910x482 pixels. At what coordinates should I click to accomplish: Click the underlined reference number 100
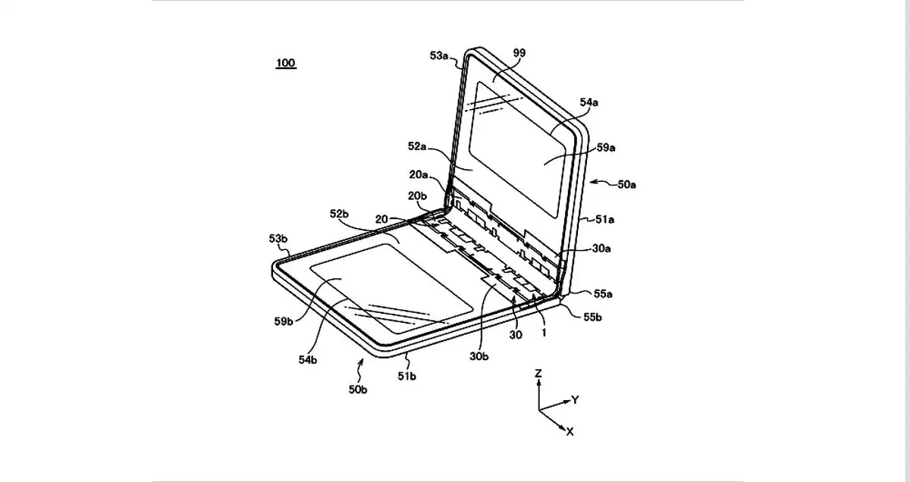pyautogui.click(x=286, y=63)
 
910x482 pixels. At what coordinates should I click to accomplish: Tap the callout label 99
pyautogui.click(x=519, y=53)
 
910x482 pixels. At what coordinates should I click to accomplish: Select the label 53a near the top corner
pyautogui.click(x=439, y=55)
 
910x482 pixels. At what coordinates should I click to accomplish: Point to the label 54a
pyautogui.click(x=588, y=102)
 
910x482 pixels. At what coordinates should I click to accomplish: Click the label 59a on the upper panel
pyautogui.click(x=606, y=148)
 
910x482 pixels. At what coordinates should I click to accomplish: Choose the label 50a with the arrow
pyautogui.click(x=627, y=185)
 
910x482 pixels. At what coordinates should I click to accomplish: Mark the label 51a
pyautogui.click(x=605, y=220)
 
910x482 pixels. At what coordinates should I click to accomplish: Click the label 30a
pyautogui.click(x=601, y=249)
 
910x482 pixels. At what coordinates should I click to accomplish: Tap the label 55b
pyautogui.click(x=593, y=317)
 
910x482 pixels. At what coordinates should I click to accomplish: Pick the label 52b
pyautogui.click(x=339, y=214)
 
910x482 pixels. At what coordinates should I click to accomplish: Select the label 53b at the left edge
pyautogui.click(x=278, y=239)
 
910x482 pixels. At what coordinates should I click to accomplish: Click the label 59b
pyautogui.click(x=284, y=321)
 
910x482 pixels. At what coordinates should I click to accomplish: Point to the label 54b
pyautogui.click(x=308, y=360)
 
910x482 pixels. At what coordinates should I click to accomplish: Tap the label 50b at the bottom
pyautogui.click(x=358, y=390)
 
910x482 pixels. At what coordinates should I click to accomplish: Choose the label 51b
pyautogui.click(x=406, y=377)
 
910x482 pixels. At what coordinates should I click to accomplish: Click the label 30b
pyautogui.click(x=479, y=356)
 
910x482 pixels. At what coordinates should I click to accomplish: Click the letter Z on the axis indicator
pyautogui.click(x=538, y=373)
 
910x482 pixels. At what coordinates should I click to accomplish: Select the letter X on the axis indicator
pyautogui.click(x=570, y=432)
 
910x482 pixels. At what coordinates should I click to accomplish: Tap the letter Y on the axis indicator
pyautogui.click(x=575, y=400)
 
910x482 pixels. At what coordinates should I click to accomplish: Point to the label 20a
pyautogui.click(x=419, y=174)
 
